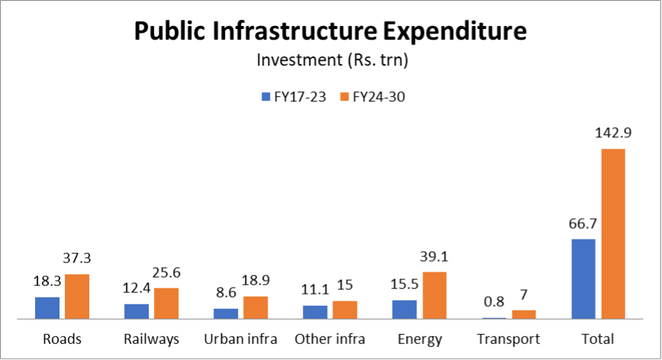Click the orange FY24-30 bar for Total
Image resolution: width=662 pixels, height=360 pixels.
pyautogui.click(x=612, y=233)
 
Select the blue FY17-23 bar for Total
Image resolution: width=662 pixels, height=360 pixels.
pyautogui.click(x=583, y=278)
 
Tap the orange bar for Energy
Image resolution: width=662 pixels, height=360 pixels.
pyautogui.click(x=434, y=295)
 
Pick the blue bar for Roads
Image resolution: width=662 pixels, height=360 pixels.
pyautogui.click(x=47, y=307)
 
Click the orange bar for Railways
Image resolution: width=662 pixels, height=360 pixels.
pyautogui.click(x=166, y=303)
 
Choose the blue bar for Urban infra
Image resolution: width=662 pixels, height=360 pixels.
pyautogui.click(x=226, y=313)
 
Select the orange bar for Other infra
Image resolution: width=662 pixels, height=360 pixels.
pyautogui.click(x=345, y=310)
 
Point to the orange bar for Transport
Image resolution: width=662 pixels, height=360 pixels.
pyautogui.click(x=523, y=314)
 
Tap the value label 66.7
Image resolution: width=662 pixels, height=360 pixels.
pyautogui.click(x=583, y=224)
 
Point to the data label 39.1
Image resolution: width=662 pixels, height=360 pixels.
pyautogui.click(x=434, y=258)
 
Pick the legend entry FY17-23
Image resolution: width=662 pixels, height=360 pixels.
pyautogui.click(x=293, y=97)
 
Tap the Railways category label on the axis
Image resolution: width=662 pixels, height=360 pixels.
pyautogui.click(x=151, y=339)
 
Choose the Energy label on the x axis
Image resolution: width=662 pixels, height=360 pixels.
pyautogui.click(x=419, y=339)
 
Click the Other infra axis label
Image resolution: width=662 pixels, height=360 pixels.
pyautogui.click(x=329, y=339)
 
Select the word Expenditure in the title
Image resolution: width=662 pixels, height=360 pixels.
pyautogui.click(x=448, y=31)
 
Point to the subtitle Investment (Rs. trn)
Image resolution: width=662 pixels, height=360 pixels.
pyautogui.click(x=330, y=59)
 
